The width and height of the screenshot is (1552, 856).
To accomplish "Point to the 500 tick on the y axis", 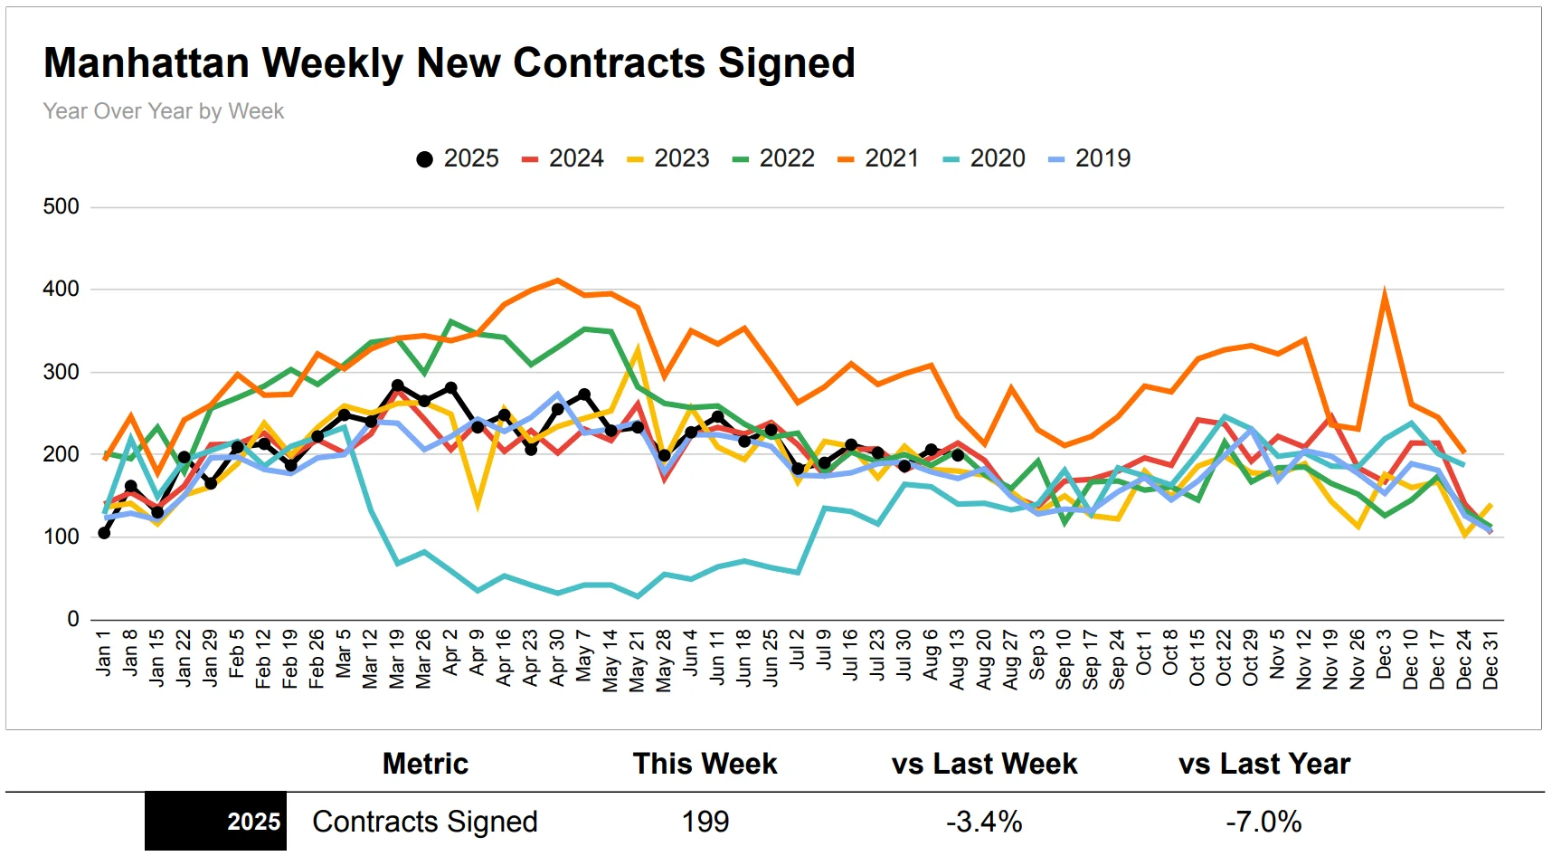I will point(61,206).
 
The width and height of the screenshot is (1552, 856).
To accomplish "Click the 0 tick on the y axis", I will point(73,619).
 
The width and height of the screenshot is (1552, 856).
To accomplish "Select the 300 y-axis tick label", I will point(61,372).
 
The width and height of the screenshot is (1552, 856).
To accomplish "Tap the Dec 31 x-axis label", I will point(1490,660).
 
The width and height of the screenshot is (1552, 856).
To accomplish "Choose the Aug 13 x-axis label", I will point(957,660).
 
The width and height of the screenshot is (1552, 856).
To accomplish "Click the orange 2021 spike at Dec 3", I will point(1384,293).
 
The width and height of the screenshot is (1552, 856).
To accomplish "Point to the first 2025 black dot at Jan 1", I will point(104,533).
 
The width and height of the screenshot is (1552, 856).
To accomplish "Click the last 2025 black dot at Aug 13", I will point(957,455).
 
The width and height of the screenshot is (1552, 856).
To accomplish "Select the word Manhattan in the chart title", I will point(147,63).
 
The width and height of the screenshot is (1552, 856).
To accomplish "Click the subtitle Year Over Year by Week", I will point(164,111).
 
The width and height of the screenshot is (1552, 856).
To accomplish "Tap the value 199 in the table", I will point(705,822).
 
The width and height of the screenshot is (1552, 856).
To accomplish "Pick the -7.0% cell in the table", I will point(1263,822).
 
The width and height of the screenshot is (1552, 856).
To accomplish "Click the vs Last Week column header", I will point(984,764).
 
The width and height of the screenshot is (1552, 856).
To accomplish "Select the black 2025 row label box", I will point(215,822).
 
